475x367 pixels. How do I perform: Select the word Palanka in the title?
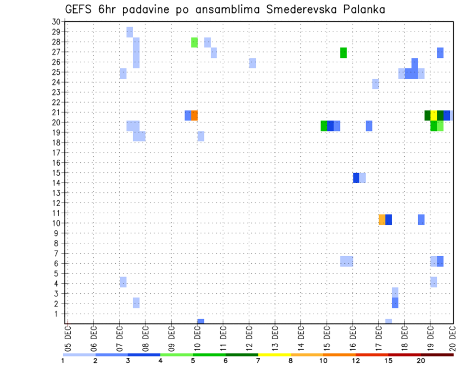tap(360, 10)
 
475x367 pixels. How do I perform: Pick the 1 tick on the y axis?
tap(57, 314)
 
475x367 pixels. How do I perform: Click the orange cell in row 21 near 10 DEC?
tap(194, 115)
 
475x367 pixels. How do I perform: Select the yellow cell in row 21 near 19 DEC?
tap(433, 115)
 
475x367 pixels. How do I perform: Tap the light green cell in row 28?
tap(194, 43)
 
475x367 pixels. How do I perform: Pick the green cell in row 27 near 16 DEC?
tap(343, 52)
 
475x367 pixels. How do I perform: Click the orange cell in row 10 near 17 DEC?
tap(382, 220)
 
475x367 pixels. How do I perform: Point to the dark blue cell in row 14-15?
tap(356, 178)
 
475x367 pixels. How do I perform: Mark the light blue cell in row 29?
tap(130, 32)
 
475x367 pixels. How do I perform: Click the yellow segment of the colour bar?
tap(274, 355)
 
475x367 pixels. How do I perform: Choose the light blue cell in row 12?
tap(252, 63)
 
